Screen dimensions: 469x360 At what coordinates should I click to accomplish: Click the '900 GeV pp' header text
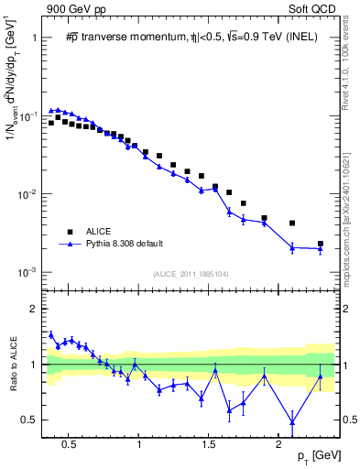pos(71,8)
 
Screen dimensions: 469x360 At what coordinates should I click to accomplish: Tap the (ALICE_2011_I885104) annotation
pos(191,274)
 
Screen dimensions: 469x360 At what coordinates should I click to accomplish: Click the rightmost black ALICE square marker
pos(320,244)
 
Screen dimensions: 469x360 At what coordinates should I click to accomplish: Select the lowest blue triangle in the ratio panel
pos(292,422)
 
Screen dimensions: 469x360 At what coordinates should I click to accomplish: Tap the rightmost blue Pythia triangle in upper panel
pos(320,249)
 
